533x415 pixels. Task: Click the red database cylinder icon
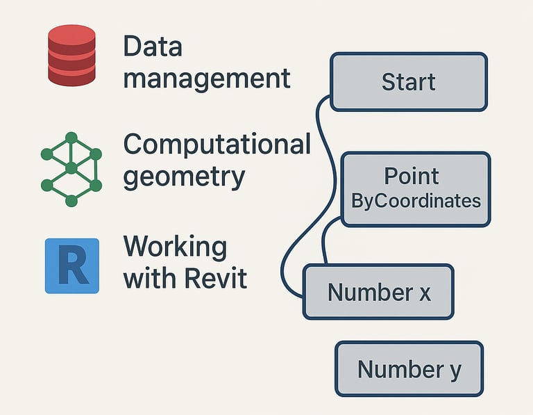pos(71,56)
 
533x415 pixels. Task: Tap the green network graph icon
pos(71,168)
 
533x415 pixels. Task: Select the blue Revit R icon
pos(71,266)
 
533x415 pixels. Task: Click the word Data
pos(153,47)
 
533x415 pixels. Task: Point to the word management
pos(207,78)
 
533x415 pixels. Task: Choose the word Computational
pos(217,145)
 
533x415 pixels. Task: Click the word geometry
pos(184,177)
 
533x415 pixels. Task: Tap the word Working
pos(175,247)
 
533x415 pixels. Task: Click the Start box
pos(408,82)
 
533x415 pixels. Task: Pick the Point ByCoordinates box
pos(415,189)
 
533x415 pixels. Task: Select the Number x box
pos(378,291)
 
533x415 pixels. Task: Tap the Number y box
pos(409,369)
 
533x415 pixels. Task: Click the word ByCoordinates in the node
pos(416,202)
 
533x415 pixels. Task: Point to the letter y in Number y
pos(454,371)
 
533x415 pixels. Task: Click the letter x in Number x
pos(424,293)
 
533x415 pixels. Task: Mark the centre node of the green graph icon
pos(71,168)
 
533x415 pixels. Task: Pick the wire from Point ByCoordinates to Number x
pos(325,240)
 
